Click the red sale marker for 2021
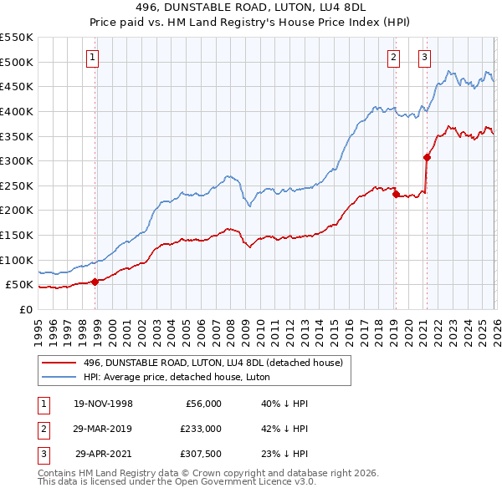[427, 157]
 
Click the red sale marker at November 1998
[95, 282]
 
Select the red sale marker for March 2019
[396, 194]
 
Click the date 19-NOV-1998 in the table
[103, 404]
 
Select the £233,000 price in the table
[200, 429]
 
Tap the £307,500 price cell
[200, 454]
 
